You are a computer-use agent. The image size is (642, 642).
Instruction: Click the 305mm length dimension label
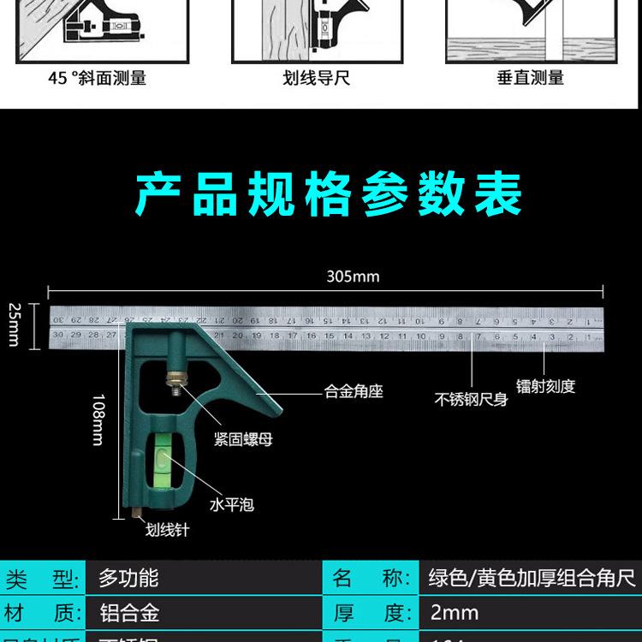(x=353, y=276)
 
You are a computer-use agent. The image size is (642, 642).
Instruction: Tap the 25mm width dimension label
(x=14, y=324)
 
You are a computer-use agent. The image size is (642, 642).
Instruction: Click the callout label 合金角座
(x=353, y=392)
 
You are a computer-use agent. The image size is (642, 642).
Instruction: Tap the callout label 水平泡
(x=232, y=504)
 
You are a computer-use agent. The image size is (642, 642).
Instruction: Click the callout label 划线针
(x=167, y=530)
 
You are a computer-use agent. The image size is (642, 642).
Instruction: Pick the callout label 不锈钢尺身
(x=472, y=400)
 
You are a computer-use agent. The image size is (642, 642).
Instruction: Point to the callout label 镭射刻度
(x=545, y=386)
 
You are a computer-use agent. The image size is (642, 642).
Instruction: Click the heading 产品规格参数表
(x=329, y=196)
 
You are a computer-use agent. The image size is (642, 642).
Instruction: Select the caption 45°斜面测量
(x=97, y=78)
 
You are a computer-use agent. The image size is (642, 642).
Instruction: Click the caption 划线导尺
(x=316, y=78)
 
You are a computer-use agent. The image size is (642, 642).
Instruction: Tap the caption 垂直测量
(x=530, y=78)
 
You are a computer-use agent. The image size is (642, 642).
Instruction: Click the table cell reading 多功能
(x=128, y=579)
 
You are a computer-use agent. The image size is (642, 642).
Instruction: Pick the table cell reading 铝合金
(x=128, y=614)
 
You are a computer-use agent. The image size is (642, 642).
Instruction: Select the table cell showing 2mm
(x=455, y=614)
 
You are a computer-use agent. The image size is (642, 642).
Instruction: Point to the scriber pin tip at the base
(x=135, y=516)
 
